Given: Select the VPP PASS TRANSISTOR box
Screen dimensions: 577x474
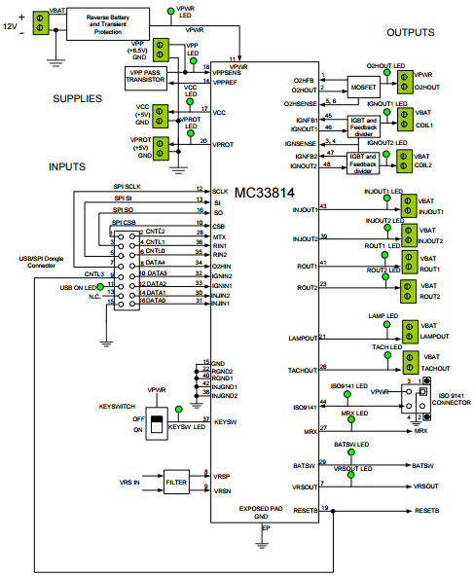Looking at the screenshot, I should (145, 77).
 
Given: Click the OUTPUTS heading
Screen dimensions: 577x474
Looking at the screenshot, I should (410, 33).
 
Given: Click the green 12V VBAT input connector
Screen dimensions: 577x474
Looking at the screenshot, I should (42, 20).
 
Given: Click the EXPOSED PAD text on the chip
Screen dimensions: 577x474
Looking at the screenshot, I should (262, 508).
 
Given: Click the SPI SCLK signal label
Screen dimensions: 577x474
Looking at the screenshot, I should (127, 187).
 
